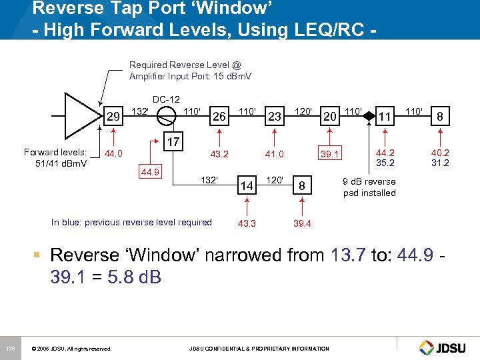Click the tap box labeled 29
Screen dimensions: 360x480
point(114,117)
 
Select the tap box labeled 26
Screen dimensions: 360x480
point(217,117)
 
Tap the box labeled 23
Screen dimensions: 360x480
point(274,117)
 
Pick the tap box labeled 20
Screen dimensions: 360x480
point(329,117)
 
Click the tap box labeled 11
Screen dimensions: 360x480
point(384,117)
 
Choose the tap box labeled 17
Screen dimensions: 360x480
point(173,142)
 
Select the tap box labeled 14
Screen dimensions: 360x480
point(247,186)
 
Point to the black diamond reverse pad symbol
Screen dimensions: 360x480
point(367,114)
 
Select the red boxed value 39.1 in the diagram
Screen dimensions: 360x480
point(329,154)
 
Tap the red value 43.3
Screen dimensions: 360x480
point(247,223)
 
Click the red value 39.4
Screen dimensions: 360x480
point(302,223)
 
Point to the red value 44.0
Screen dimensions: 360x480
point(114,153)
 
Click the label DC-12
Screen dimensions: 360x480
point(167,99)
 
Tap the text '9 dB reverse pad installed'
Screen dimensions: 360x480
point(369,187)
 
